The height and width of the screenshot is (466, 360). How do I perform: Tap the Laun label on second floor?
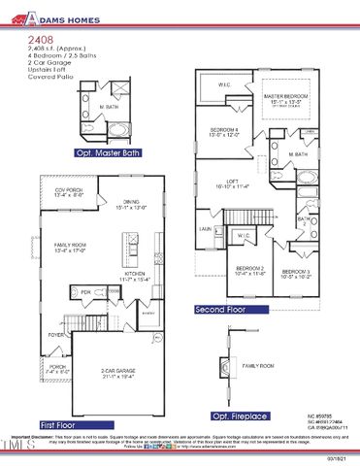[205, 229]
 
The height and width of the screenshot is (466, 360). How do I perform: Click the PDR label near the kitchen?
[84, 290]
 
